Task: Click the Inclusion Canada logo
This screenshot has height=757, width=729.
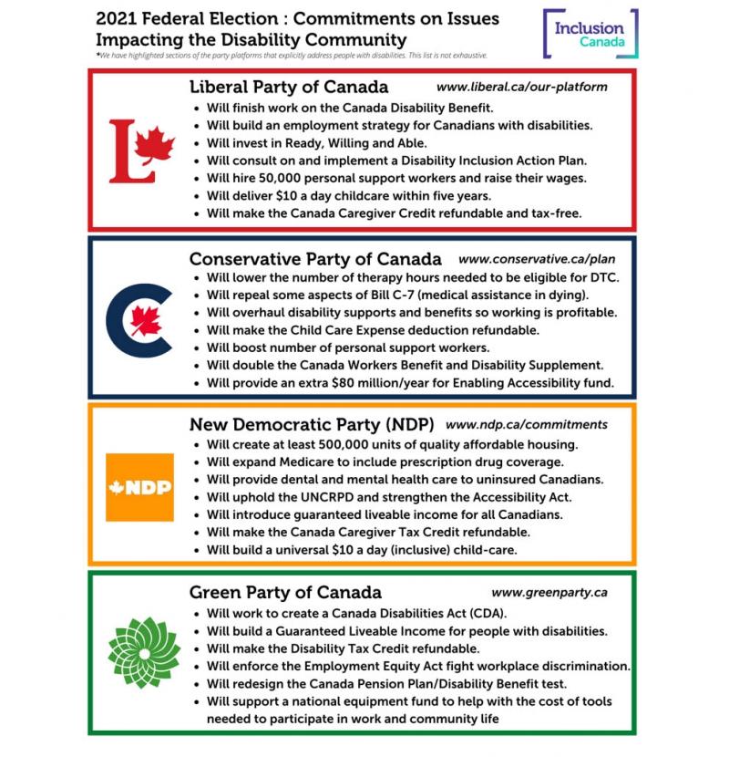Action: tap(590, 34)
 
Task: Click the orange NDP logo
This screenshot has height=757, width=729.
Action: tap(139, 486)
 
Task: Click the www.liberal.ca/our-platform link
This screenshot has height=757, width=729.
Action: tap(521, 88)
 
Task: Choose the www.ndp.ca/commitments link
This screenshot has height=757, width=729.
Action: tap(527, 424)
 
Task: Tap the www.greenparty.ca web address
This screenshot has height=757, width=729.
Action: tap(549, 592)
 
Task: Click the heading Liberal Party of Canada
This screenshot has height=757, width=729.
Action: tap(289, 88)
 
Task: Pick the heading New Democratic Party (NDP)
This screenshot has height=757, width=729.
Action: tap(312, 424)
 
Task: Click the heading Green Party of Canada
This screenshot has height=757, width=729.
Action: tap(285, 592)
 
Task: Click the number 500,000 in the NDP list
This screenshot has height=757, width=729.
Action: tap(363, 444)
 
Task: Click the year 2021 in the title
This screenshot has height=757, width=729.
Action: tap(115, 18)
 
